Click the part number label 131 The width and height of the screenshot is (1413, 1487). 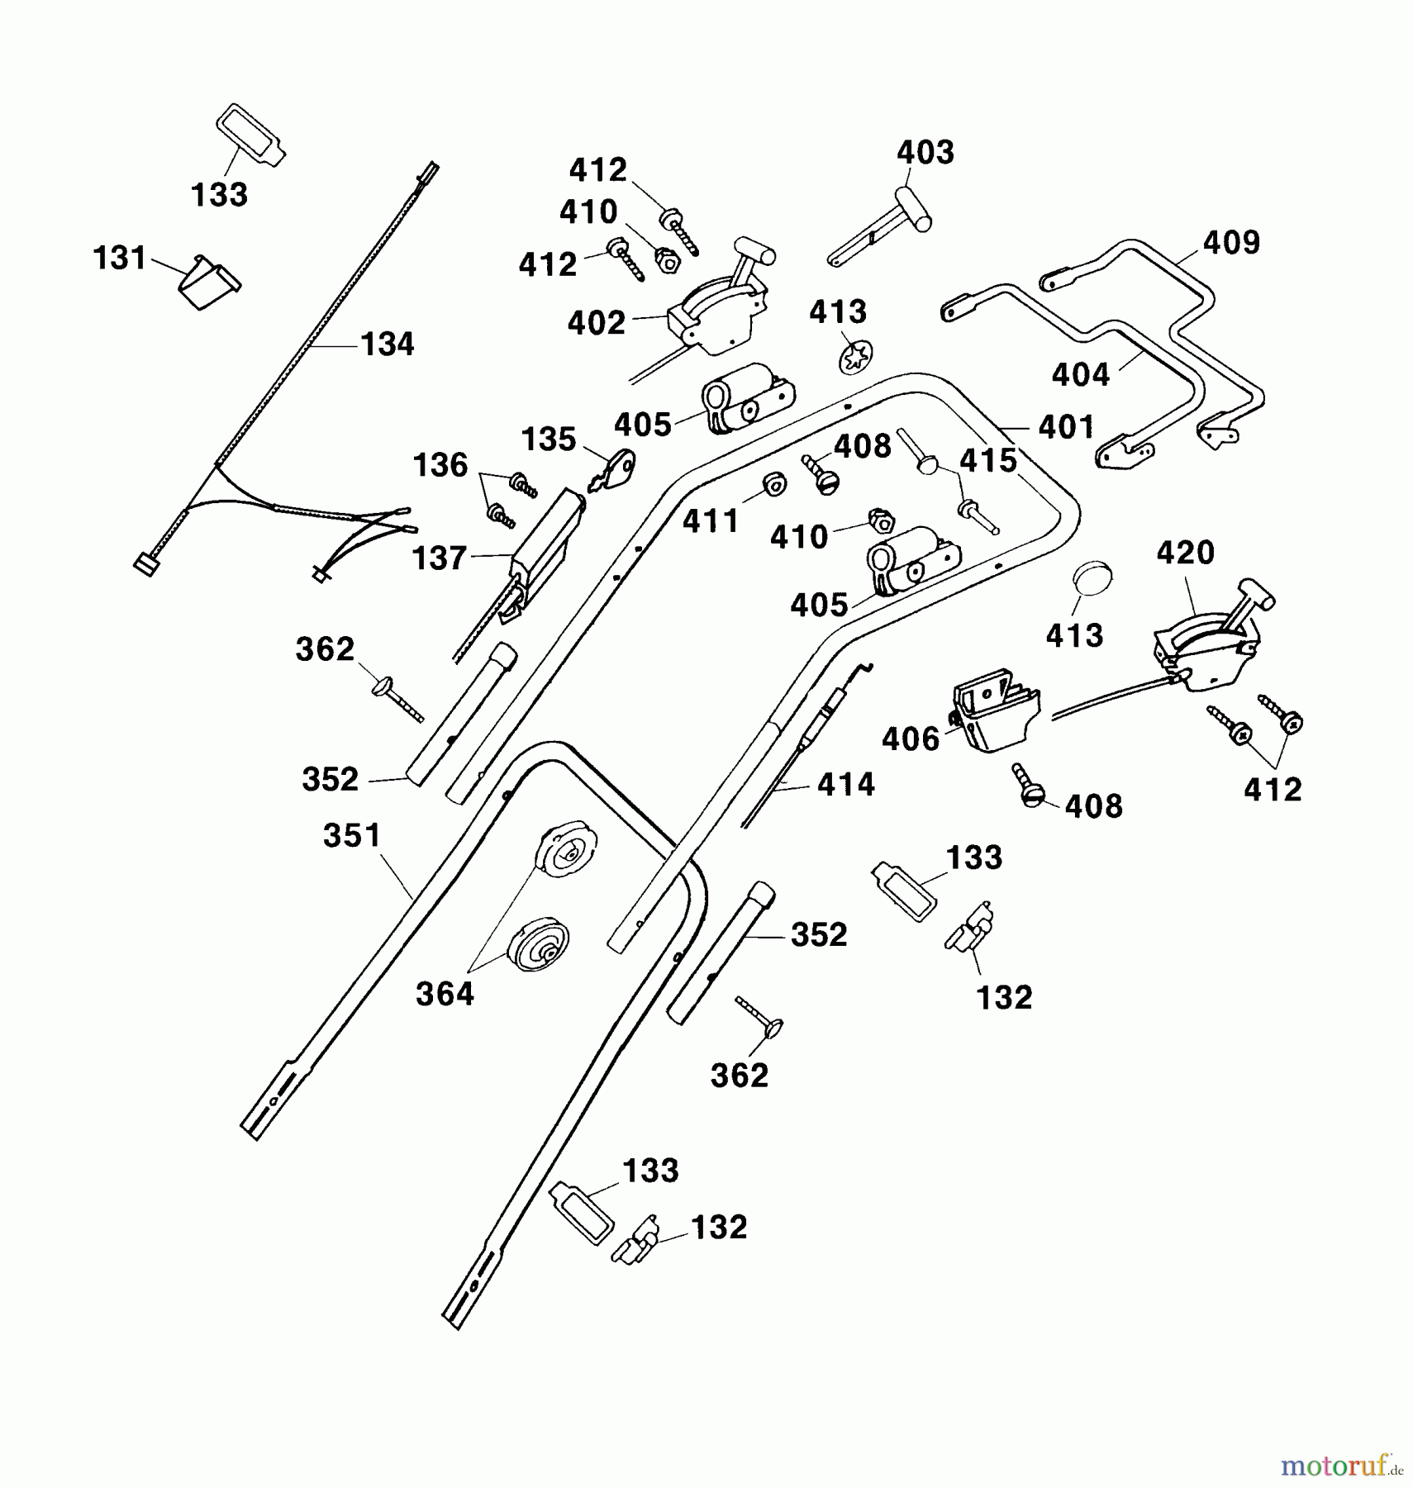[120, 259]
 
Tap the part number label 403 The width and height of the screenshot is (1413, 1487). [925, 153]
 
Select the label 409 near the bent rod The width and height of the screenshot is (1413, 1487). [1231, 243]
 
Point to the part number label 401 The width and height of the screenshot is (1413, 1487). [1066, 427]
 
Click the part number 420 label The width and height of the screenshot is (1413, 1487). [1185, 552]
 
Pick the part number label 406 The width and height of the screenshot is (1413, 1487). [911, 739]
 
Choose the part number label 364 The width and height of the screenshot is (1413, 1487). [445, 994]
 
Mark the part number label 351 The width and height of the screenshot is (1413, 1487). [352, 835]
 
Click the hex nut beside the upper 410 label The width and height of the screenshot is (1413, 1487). [666, 261]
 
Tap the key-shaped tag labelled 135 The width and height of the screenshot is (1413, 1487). [616, 469]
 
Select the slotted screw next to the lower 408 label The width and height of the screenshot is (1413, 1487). [1030, 786]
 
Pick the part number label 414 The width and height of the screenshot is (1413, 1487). [845, 784]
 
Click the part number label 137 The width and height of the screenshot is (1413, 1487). [440, 558]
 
